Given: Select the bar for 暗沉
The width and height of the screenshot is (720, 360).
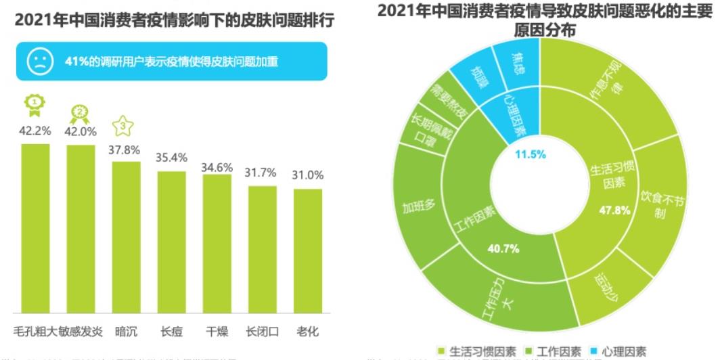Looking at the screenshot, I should [x=126, y=237].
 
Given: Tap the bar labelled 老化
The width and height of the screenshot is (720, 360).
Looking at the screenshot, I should [x=308, y=250].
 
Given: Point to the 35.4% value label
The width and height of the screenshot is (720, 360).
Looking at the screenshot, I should [x=171, y=158].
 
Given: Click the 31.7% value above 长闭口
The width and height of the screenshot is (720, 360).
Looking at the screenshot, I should [x=262, y=173].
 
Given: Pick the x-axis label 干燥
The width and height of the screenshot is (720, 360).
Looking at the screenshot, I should [x=217, y=331].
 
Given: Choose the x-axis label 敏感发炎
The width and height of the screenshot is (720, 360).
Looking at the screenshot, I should [x=81, y=331].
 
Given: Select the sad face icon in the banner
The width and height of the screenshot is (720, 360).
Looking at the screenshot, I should [x=39, y=62].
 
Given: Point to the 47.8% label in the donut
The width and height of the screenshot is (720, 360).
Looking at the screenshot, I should [x=614, y=210].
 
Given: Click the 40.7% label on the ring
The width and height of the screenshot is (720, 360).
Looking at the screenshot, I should [x=503, y=248].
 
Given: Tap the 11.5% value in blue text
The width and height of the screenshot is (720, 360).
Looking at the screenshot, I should [x=531, y=154].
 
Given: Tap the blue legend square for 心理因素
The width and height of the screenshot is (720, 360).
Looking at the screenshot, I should [x=593, y=351].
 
